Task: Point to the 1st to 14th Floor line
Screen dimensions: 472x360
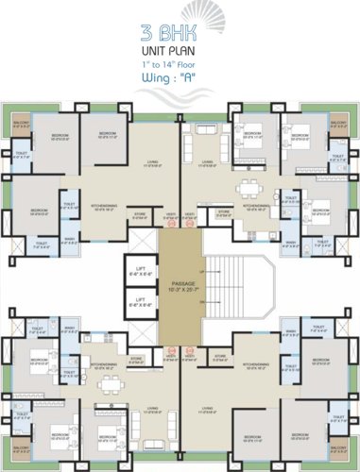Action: [x=180, y=62]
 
